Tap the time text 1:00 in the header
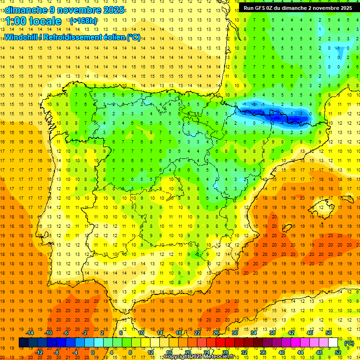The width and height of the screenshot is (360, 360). pyautogui.click(x=17, y=21)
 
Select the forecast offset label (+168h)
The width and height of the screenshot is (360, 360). pyautogui.click(x=83, y=21)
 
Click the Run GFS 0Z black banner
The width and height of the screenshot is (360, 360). pyautogui.click(x=298, y=8)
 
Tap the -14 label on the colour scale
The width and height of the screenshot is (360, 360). pyautogui.click(x=30, y=333)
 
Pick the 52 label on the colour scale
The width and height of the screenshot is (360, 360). pyautogui.click(x=338, y=352)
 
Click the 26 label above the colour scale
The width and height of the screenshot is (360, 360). pyautogui.click(x=216, y=333)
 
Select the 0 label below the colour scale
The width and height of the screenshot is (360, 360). pyautogui.click(x=92, y=352)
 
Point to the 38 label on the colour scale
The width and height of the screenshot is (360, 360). pyautogui.click(x=272, y=333)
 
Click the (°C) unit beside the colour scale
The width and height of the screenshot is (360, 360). pyautogui.click(x=349, y=343)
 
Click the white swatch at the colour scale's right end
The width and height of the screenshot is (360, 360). pyautogui.click(x=333, y=343)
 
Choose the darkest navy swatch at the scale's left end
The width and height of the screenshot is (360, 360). pyautogui.click(x=23, y=343)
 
